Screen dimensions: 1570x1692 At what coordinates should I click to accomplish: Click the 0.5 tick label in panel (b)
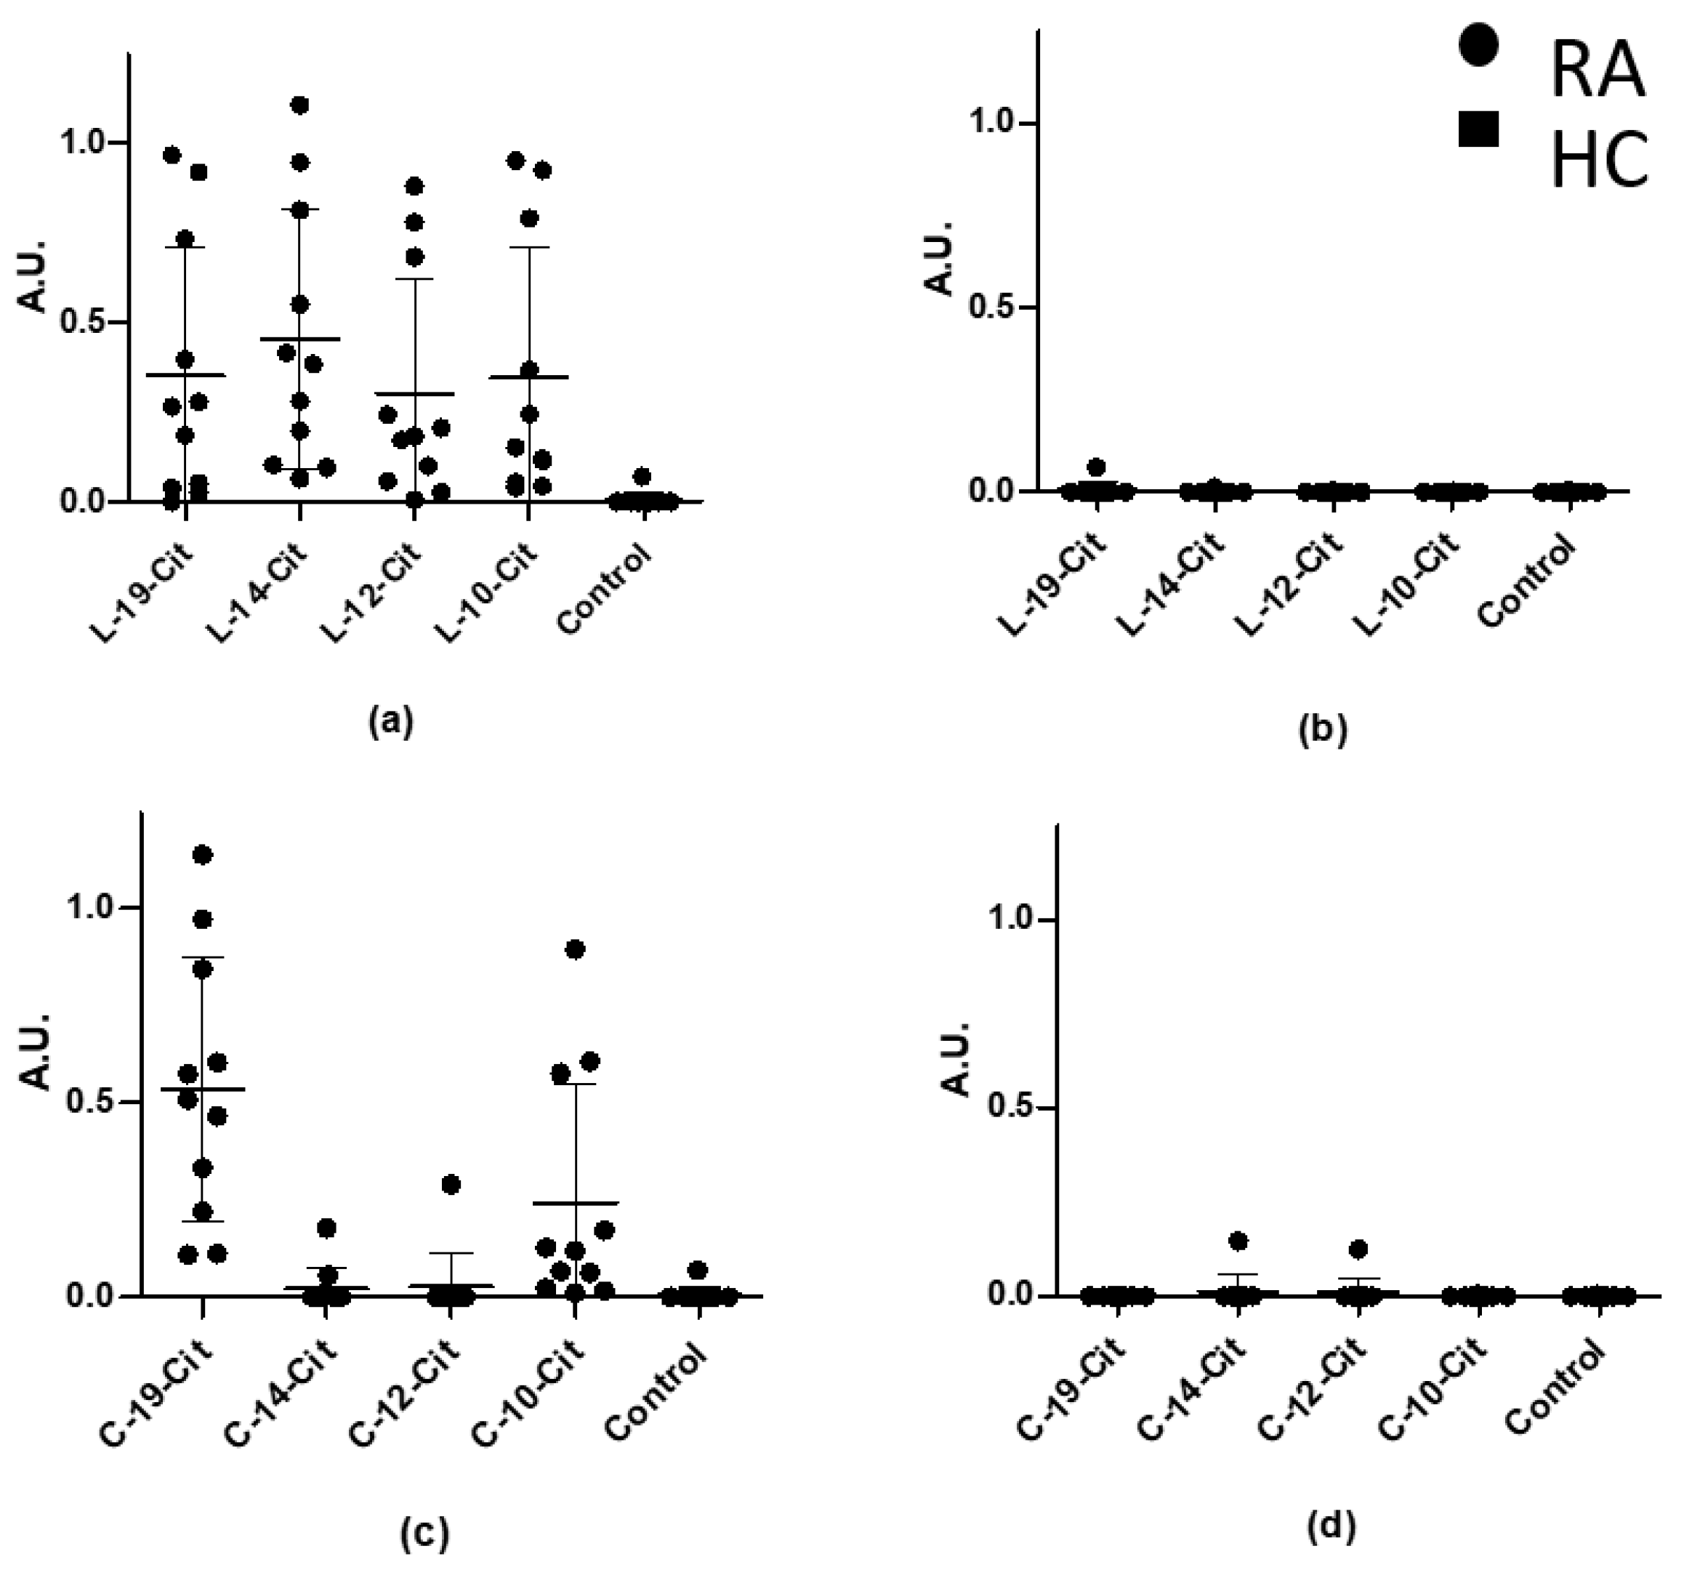click(x=994, y=307)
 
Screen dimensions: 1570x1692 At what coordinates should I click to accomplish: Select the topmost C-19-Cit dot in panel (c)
click(x=202, y=855)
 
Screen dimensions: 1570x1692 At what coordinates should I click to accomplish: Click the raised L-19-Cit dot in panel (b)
click(x=1097, y=467)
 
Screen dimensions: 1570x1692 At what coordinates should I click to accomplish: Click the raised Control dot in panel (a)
click(x=642, y=476)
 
